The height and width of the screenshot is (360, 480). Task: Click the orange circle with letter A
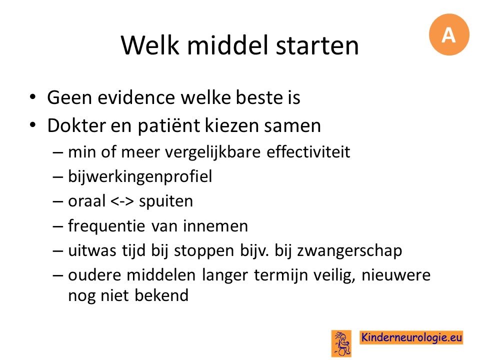(x=449, y=34)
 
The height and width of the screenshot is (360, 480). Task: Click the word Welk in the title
(x=149, y=45)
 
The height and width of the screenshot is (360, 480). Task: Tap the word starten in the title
(x=317, y=46)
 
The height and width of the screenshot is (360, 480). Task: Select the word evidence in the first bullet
(x=136, y=97)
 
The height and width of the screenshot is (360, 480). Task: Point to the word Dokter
(x=76, y=125)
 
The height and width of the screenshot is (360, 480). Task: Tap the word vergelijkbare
(x=213, y=152)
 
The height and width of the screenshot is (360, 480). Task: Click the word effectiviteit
(x=308, y=152)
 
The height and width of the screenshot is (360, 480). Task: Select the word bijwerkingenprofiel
(x=140, y=176)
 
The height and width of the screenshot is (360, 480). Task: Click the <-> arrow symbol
(x=122, y=201)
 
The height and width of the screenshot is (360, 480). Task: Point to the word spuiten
(x=166, y=201)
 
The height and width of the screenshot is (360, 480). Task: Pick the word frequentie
(x=106, y=226)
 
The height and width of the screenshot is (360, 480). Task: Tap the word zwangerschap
(x=349, y=250)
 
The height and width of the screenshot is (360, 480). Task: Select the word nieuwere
(x=396, y=275)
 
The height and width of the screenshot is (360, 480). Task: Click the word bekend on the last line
(x=161, y=295)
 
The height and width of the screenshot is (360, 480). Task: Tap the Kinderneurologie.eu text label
(x=411, y=337)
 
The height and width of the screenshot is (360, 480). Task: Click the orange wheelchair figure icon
(x=341, y=343)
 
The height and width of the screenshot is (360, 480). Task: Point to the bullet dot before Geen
(x=32, y=97)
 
